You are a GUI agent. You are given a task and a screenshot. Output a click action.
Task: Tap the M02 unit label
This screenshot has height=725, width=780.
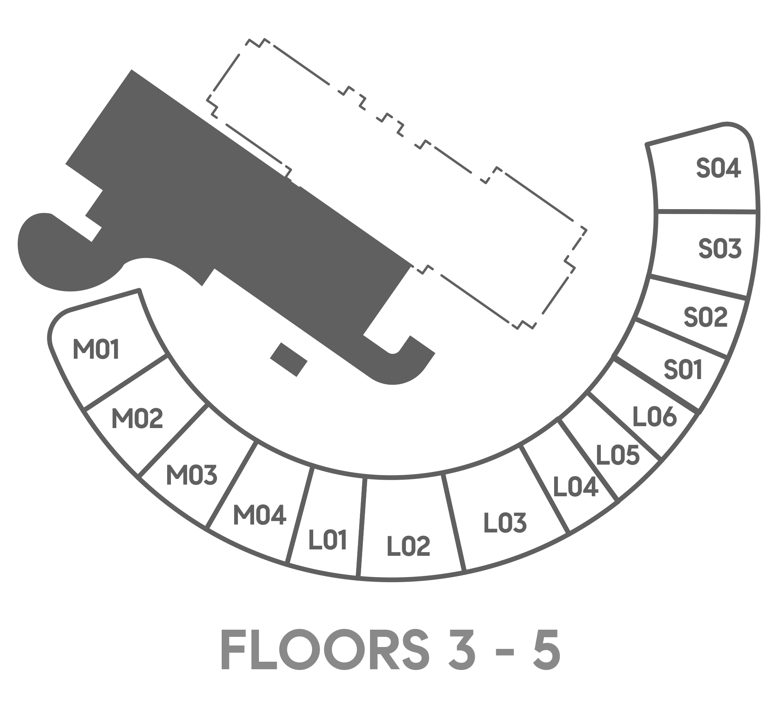coord(137,418)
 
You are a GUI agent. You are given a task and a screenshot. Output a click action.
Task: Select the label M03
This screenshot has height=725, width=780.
coord(192,475)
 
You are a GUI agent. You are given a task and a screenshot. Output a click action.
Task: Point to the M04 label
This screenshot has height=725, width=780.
coord(260,515)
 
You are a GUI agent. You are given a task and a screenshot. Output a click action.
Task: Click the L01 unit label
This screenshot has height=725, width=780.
coord(328,540)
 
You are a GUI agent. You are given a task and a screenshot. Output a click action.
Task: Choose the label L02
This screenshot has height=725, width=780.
coord(408,546)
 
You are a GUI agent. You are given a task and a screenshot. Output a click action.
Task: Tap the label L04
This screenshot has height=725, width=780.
coord(575,487)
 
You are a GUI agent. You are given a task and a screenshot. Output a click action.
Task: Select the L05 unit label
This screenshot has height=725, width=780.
coord(618,455)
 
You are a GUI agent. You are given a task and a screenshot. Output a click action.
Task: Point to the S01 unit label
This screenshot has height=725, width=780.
coord(683,370)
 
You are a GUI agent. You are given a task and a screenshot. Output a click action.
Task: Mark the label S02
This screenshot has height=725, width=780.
coord(706,317)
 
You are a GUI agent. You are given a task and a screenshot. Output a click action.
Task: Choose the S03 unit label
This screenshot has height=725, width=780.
coord(720,248)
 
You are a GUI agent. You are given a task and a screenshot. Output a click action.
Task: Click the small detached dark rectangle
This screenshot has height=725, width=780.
coord(288,360)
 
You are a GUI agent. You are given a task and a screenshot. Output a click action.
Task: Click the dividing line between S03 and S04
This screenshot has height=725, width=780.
coord(707,212)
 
